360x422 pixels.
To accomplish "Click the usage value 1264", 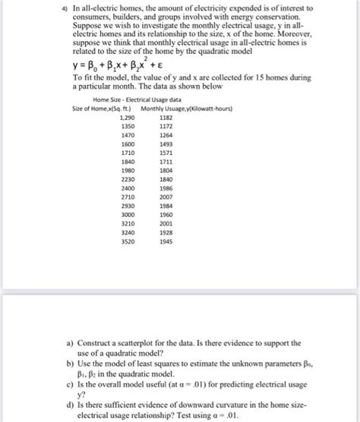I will point(166,135).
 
